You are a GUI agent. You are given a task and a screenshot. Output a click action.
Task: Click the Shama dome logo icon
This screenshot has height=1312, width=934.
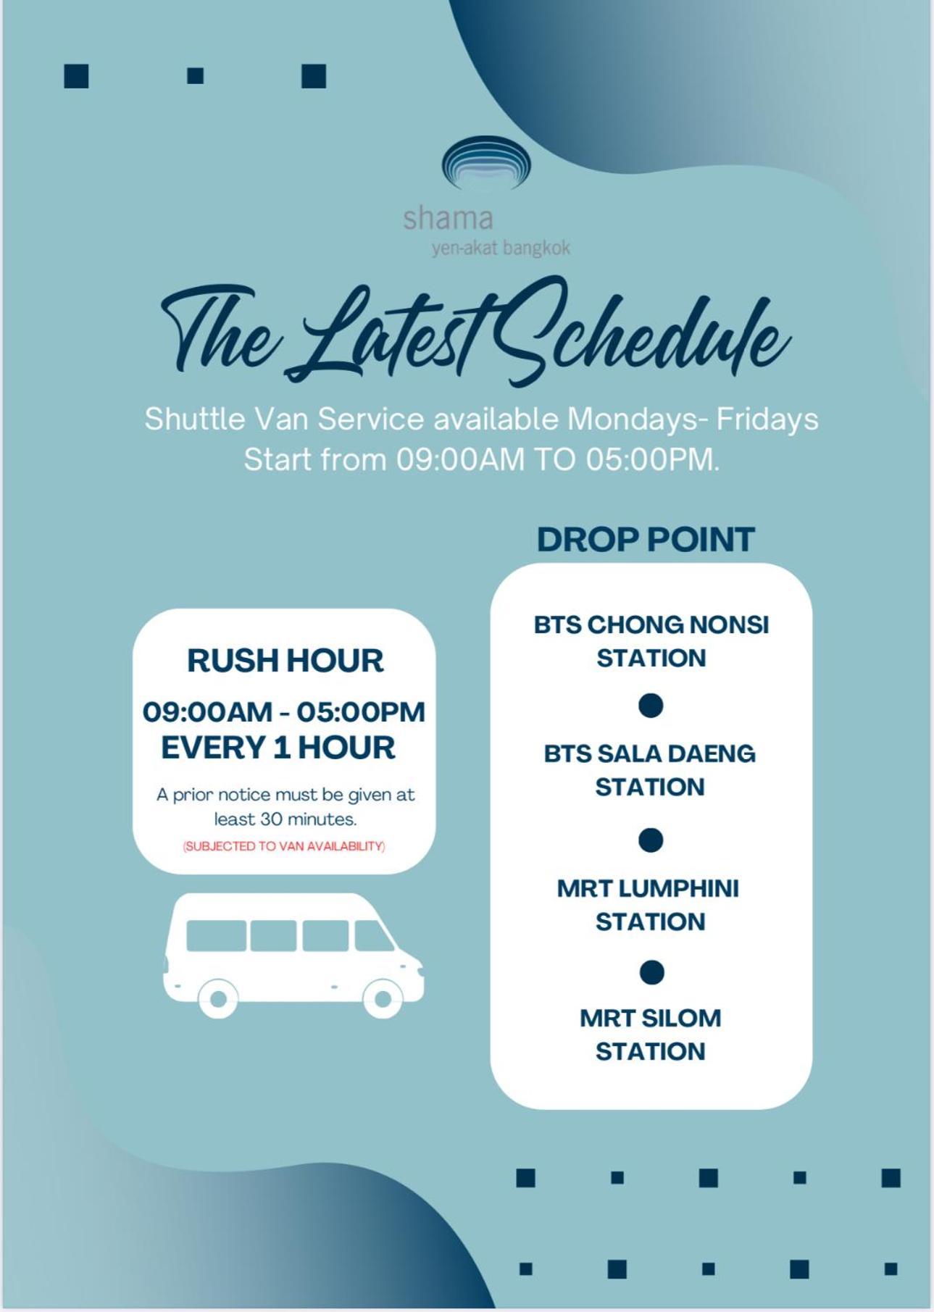(486, 163)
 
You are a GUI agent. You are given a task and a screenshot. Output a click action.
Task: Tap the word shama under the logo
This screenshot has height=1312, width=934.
(448, 217)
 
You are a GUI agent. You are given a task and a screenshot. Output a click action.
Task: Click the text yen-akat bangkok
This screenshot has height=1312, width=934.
(501, 248)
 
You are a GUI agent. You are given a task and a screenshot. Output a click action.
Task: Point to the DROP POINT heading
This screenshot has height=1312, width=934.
(646, 539)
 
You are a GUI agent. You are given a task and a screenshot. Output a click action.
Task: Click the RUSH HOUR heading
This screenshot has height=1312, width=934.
(285, 660)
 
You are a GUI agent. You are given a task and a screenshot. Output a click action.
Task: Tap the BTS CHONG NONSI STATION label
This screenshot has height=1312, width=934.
(651, 641)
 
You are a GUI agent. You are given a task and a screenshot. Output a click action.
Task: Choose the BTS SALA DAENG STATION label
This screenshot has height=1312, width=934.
(650, 770)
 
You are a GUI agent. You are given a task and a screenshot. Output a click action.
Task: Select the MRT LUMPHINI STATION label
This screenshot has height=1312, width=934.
(649, 905)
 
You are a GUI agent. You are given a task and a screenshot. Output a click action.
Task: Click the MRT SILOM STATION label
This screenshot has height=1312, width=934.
(650, 1035)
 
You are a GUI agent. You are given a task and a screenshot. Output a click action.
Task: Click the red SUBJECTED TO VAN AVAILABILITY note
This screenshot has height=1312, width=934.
(284, 846)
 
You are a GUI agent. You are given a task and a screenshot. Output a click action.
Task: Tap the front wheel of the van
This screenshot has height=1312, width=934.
(383, 999)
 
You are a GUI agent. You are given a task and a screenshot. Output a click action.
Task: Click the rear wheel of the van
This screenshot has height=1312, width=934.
(217, 1000)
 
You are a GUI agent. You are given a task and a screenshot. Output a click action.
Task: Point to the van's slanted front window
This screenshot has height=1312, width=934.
(372, 936)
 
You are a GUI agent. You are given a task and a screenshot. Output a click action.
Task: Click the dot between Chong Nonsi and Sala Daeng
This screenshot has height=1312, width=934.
(651, 706)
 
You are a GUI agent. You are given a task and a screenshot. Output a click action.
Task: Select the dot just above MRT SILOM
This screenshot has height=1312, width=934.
(651, 973)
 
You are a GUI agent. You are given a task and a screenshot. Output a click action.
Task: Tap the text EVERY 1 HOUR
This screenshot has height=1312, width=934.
(278, 748)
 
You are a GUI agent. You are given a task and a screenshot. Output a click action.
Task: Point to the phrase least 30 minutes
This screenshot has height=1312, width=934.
(285, 819)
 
